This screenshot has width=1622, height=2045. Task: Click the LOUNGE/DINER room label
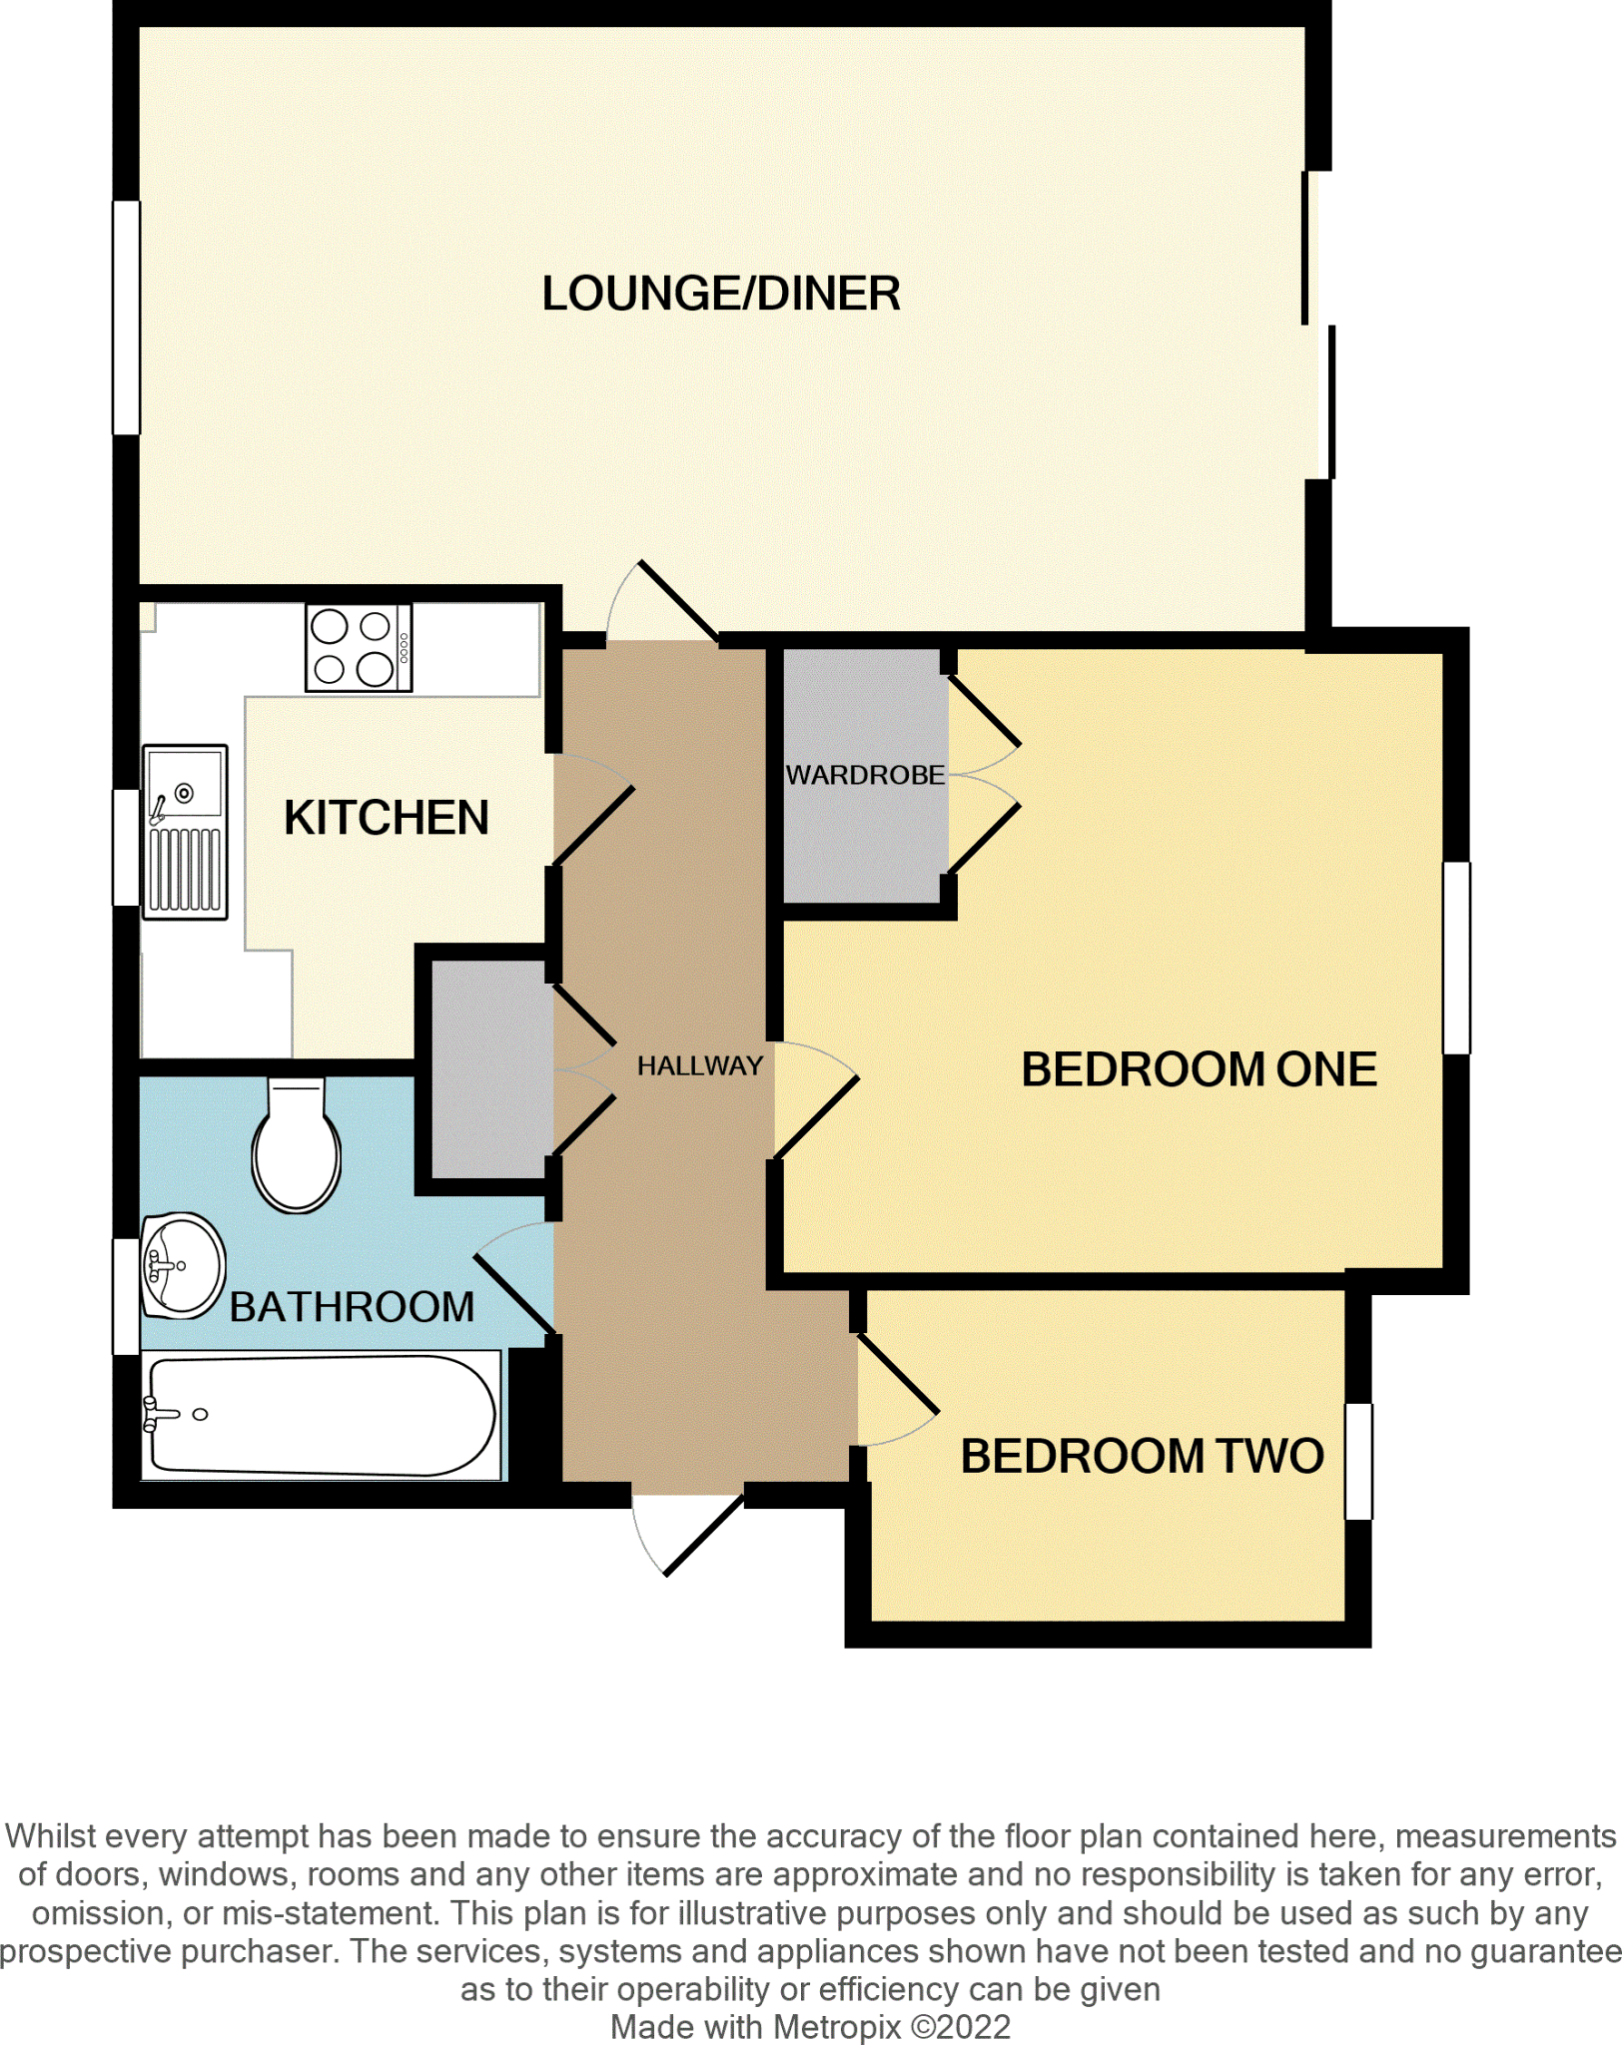pyautogui.click(x=721, y=294)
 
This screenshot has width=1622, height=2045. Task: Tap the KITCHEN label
pyautogui.click(x=387, y=818)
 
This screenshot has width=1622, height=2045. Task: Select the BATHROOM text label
pyautogui.click(x=352, y=1307)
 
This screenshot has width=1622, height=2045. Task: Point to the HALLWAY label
pyautogui.click(x=699, y=1066)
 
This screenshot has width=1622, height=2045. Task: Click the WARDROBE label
pyautogui.click(x=865, y=775)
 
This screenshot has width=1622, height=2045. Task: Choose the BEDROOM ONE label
pyautogui.click(x=1199, y=1069)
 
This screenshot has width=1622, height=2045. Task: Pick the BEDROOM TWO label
pyautogui.click(x=1142, y=1456)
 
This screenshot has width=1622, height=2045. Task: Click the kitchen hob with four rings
pyautogui.click(x=359, y=648)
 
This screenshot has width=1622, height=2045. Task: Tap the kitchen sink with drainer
pyautogui.click(x=185, y=832)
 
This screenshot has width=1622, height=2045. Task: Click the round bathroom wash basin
pyautogui.click(x=182, y=1266)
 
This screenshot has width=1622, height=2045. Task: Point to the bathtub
pyautogui.click(x=321, y=1415)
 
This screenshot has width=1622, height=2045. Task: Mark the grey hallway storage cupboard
pyautogui.click(x=490, y=1069)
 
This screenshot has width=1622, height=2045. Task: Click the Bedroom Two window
pyautogui.click(x=1358, y=1462)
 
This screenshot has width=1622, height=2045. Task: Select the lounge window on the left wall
pyautogui.click(x=126, y=318)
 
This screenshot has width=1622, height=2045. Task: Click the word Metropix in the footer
pyautogui.click(x=837, y=2027)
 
